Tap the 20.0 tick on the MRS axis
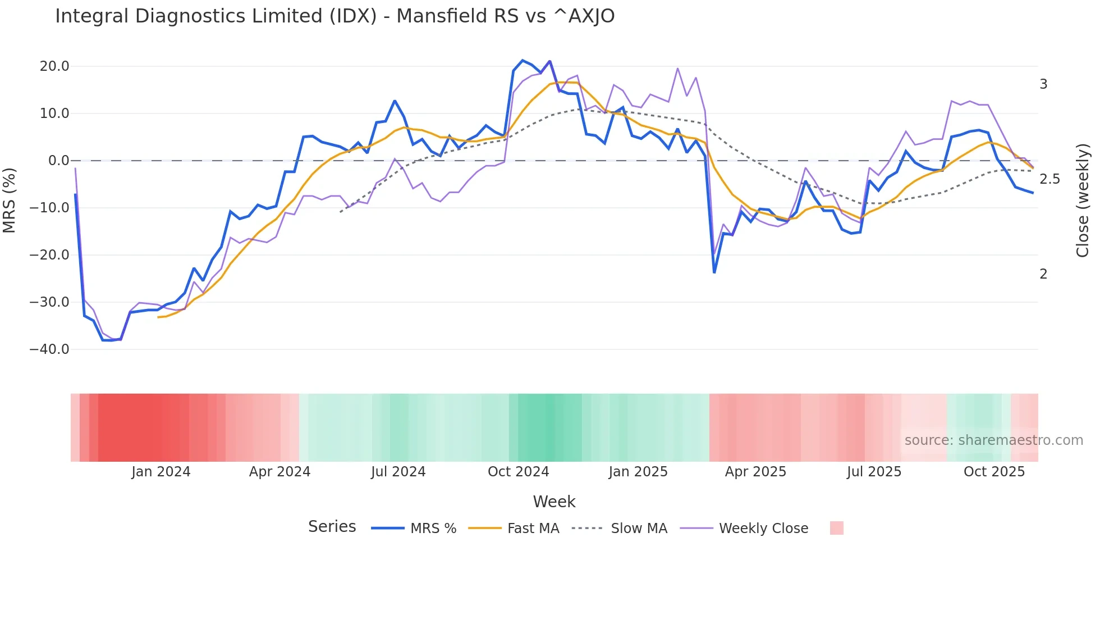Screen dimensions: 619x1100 (x=54, y=66)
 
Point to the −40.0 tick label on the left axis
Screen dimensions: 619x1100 (x=49, y=349)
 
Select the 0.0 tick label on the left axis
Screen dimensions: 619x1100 (x=58, y=161)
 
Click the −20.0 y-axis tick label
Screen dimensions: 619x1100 (x=49, y=255)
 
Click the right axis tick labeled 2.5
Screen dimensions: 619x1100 (x=1049, y=179)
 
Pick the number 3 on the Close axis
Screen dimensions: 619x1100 (x=1043, y=84)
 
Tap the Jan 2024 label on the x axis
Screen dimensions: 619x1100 (x=161, y=472)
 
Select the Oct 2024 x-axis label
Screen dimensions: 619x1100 (x=518, y=472)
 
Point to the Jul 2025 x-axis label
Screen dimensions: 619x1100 (x=874, y=472)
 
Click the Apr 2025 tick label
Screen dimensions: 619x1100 (x=755, y=472)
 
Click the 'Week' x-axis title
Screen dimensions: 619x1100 (x=554, y=502)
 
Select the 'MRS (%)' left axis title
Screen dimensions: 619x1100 (x=10, y=200)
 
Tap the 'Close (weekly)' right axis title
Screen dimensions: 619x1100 (x=1083, y=200)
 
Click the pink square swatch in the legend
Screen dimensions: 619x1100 (x=836, y=528)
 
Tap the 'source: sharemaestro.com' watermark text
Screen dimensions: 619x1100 (x=993, y=440)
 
